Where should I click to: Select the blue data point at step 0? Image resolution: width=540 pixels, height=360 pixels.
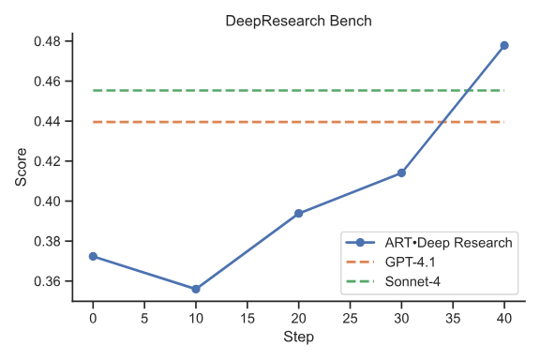[x=93, y=256]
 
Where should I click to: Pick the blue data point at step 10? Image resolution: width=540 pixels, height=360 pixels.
[x=196, y=289]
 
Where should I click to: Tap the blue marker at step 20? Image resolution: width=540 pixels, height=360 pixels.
[x=299, y=214]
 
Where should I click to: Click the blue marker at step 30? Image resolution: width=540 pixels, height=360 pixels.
[x=401, y=172]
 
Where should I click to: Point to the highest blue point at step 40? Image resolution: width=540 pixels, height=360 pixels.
[x=504, y=45]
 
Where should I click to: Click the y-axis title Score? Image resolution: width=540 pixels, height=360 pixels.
[x=22, y=167]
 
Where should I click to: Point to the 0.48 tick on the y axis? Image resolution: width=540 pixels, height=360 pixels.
[x=46, y=42]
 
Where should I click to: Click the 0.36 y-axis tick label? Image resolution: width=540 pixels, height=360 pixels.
[x=46, y=281]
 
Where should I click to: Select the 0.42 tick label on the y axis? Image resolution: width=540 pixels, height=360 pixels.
[x=46, y=161]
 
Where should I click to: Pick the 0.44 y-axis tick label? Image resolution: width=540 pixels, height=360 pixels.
[x=46, y=122]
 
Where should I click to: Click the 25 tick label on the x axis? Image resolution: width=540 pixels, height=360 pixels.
[x=350, y=317]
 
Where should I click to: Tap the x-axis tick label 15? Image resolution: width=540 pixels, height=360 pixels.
[x=247, y=317]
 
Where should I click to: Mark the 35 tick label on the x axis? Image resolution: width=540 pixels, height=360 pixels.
[x=453, y=317]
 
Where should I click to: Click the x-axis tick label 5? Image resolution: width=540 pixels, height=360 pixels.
[x=144, y=317]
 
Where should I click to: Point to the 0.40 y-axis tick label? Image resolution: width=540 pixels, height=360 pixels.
[x=46, y=202]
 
